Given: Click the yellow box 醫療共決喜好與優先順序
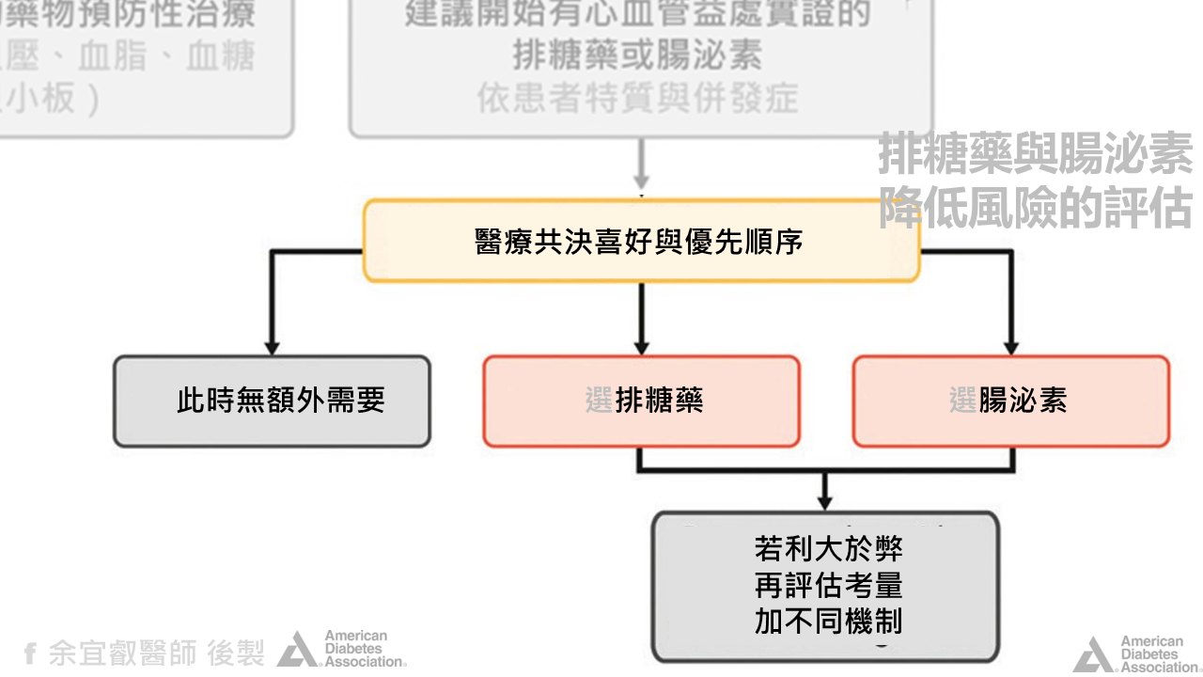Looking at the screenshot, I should (x=640, y=241).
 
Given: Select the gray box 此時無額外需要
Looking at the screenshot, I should (x=272, y=401).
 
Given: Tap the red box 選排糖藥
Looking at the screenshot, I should (x=642, y=401).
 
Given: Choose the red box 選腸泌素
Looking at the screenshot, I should (x=1011, y=401).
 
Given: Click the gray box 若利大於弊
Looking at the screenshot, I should (x=825, y=547).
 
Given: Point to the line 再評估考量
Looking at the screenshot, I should (x=828, y=585).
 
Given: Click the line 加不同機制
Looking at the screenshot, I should (x=828, y=622).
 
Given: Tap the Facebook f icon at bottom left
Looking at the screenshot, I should (x=30, y=653).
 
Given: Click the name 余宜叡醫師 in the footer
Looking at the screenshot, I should (x=123, y=653).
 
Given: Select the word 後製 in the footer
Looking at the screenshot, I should (x=236, y=653).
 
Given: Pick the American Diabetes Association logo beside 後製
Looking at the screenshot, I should (x=342, y=649).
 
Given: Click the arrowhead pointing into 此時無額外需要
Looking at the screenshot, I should (x=272, y=346).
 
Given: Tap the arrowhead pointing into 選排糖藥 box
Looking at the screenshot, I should (x=642, y=346).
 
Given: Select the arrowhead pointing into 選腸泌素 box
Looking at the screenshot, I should (x=1011, y=346).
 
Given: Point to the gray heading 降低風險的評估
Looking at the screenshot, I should (x=1036, y=208).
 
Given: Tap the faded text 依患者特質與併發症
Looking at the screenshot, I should (x=638, y=98).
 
